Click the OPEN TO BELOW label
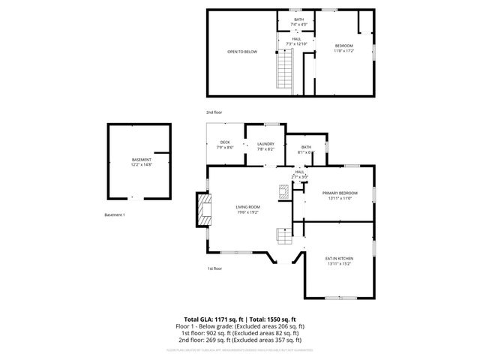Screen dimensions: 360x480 coord(242,52)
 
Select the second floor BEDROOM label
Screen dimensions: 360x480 coord(343,46)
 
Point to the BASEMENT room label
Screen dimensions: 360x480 coord(142,160)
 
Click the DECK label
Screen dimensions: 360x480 coord(225,142)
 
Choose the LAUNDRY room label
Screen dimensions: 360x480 coord(265,144)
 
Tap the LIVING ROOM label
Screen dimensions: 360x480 coord(247,207)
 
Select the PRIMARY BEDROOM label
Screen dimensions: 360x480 coord(340,193)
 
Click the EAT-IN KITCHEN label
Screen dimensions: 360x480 coord(339,259)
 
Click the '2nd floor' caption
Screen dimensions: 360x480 coord(214,112)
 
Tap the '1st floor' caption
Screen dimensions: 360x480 coord(214,268)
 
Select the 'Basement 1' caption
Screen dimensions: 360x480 coord(115,216)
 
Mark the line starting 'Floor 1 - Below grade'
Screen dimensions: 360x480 coord(239,327)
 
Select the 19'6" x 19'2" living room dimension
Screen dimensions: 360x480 coord(247,212)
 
